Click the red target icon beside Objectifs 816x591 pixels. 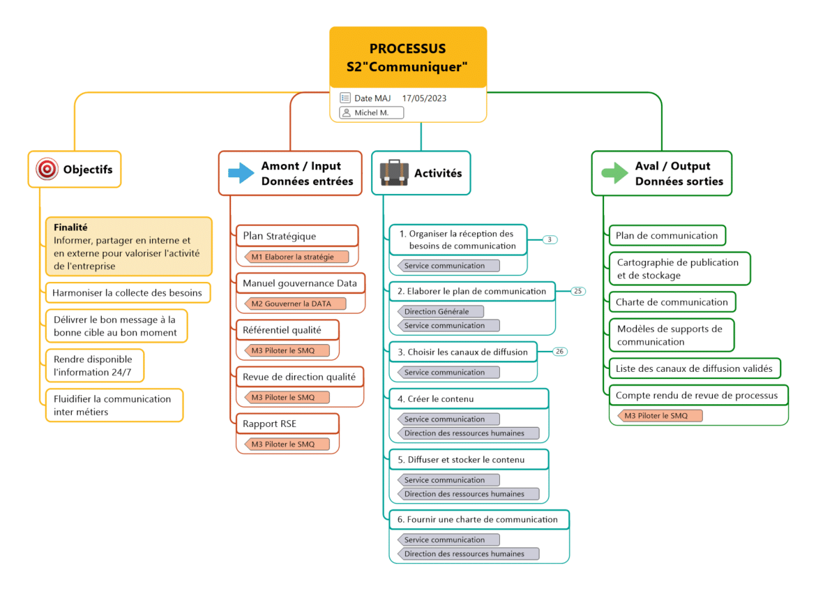click(x=47, y=169)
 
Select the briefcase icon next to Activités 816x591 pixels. click(x=394, y=172)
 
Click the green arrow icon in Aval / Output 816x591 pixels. click(x=614, y=172)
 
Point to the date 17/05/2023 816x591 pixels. click(x=424, y=98)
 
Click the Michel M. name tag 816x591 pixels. click(x=371, y=112)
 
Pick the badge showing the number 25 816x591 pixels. click(x=578, y=291)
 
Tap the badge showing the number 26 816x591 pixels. click(x=560, y=352)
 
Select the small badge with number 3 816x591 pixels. click(x=550, y=239)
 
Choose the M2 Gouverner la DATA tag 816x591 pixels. click(x=295, y=304)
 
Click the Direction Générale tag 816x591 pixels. click(x=440, y=312)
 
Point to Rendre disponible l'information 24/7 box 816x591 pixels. click(x=93, y=366)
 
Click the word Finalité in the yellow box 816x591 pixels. click(x=70, y=227)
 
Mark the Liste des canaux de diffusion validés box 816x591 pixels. click(x=694, y=368)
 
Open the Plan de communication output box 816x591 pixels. click(x=666, y=235)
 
